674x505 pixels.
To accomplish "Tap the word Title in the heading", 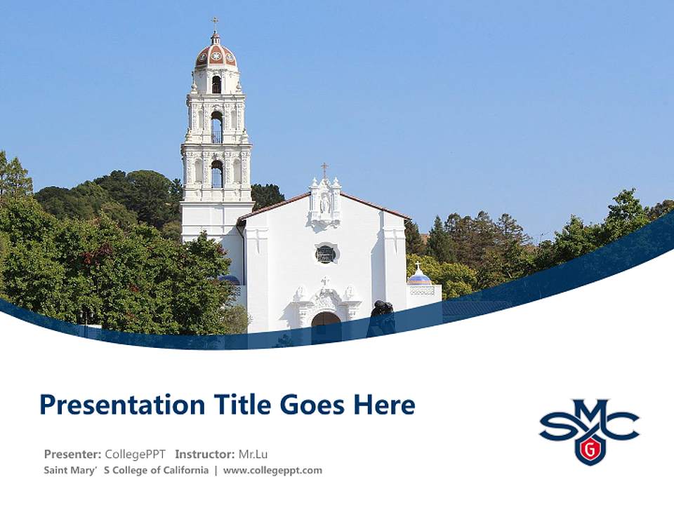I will (x=229, y=405).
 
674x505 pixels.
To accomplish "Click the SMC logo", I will (x=589, y=429).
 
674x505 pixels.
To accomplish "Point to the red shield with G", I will (x=590, y=448).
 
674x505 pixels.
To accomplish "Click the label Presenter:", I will (x=72, y=454).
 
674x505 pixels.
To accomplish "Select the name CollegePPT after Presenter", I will (x=135, y=454).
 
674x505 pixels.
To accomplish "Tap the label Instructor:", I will (x=205, y=454).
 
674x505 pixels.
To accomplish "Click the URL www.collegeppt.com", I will (x=272, y=471).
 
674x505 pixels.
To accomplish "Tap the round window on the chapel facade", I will (x=325, y=254).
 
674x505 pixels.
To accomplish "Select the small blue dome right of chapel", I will (x=419, y=278).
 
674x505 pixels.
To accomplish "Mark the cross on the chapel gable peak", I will (x=324, y=169).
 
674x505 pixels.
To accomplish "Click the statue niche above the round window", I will (x=325, y=203).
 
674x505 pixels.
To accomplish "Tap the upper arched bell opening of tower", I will (x=216, y=84).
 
